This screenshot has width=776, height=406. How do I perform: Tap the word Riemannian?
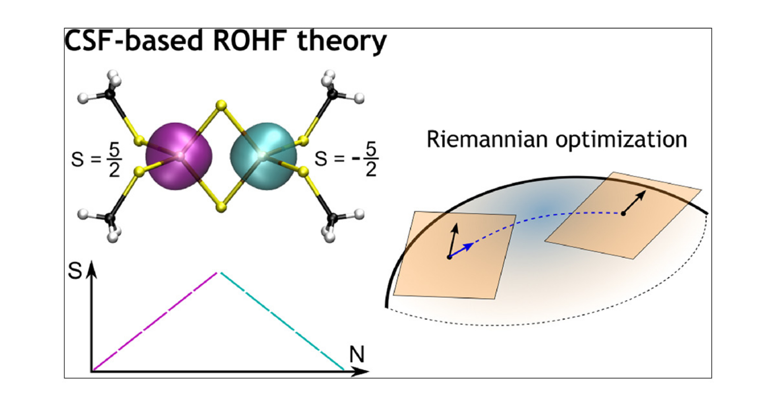pyautogui.click(x=487, y=139)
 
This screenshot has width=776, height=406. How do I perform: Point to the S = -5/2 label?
pyautogui.click(x=346, y=159)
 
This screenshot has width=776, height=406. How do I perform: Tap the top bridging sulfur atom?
pyautogui.click(x=221, y=105)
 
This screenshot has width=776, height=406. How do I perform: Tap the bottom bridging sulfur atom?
pyautogui.click(x=221, y=207)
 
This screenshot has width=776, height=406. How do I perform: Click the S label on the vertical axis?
pyautogui.click(x=75, y=271)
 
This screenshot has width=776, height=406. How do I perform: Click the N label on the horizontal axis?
pyautogui.click(x=357, y=354)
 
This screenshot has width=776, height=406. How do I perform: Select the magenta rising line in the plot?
pyautogui.click(x=155, y=321)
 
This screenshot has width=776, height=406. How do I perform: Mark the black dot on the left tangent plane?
pyautogui.click(x=449, y=257)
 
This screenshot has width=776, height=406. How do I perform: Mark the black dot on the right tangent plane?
pyautogui.click(x=623, y=213)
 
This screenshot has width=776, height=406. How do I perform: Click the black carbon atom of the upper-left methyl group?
pyautogui.click(x=110, y=94)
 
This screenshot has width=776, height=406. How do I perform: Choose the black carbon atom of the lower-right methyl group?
pyautogui.click(x=333, y=218)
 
